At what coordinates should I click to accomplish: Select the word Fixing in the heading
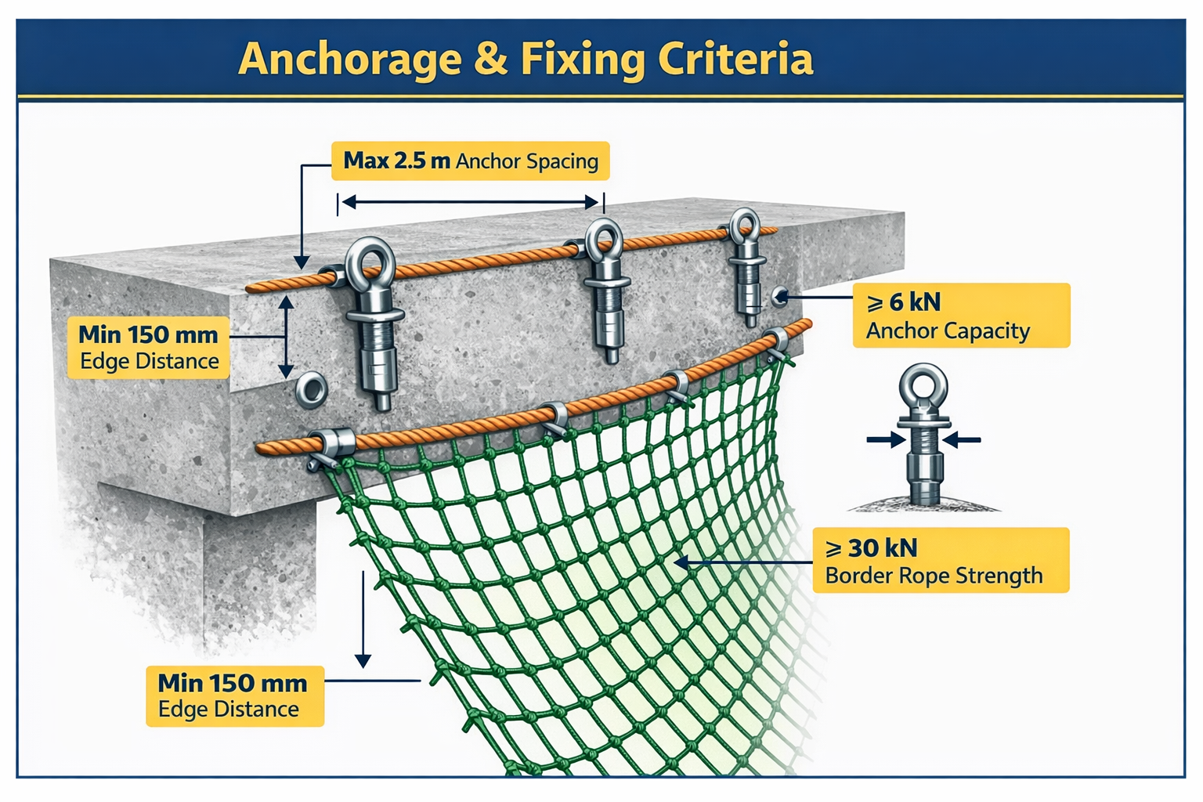pos(582,60)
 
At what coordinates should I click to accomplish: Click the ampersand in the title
pos(490,60)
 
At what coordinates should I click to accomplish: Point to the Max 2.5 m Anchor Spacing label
pos(470,161)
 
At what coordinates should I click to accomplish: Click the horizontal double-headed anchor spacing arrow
pos(470,203)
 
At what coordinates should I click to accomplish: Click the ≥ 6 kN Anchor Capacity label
pos(961,316)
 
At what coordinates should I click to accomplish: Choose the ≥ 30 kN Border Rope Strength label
pos(941,561)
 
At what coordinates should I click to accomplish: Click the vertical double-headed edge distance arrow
pos(286,337)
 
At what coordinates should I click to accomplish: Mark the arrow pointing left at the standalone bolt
pos(962,440)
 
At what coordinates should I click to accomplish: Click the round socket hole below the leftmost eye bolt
pos(311,388)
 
